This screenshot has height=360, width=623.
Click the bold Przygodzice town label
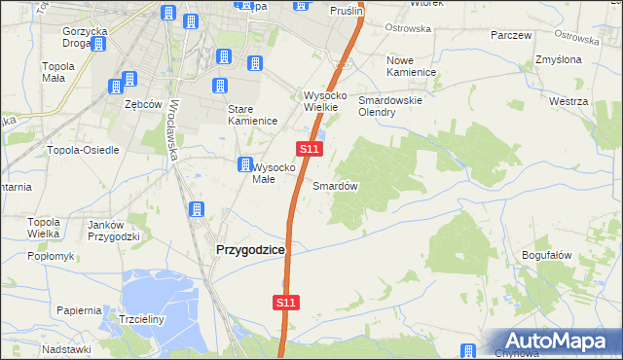click(x=248, y=250)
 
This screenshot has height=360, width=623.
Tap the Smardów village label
click(x=336, y=185)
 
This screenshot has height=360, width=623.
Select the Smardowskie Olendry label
click(x=390, y=106)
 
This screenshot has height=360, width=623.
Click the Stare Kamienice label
click(x=253, y=115)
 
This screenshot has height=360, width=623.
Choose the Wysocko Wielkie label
click(x=320, y=101)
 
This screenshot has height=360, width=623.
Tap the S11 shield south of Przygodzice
click(x=284, y=304)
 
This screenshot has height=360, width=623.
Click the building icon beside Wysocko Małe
click(x=245, y=165)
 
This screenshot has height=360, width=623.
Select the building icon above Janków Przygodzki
click(x=196, y=209)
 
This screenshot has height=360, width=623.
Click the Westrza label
click(x=568, y=101)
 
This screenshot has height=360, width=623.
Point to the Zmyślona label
click(x=559, y=60)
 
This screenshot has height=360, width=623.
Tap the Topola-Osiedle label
click(x=83, y=150)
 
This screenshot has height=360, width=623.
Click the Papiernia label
click(x=79, y=310)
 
